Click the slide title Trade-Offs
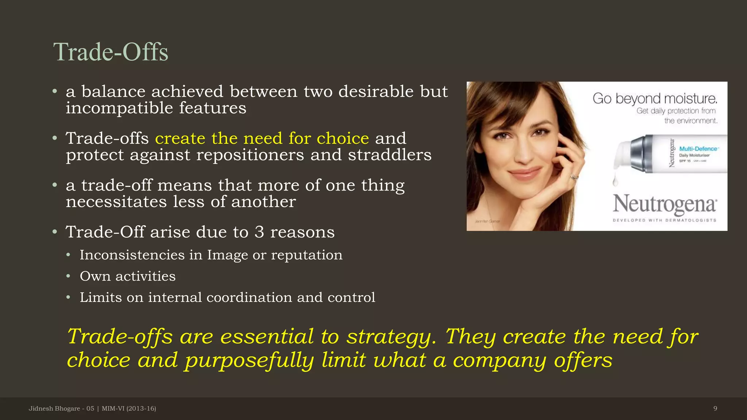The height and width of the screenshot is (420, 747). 111,52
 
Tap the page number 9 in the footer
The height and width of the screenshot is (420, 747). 715,408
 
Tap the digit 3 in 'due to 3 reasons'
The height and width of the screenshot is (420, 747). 259,232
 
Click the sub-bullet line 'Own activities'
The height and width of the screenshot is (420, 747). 128,276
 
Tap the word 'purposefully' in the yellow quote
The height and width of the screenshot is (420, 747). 249,360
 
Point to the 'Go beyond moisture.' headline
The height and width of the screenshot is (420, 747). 655,98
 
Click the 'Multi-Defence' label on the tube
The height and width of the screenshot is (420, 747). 698,149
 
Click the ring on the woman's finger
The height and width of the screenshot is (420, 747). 574,177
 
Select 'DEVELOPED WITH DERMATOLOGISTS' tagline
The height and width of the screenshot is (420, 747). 664,220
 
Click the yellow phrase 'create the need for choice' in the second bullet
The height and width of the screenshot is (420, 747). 262,139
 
